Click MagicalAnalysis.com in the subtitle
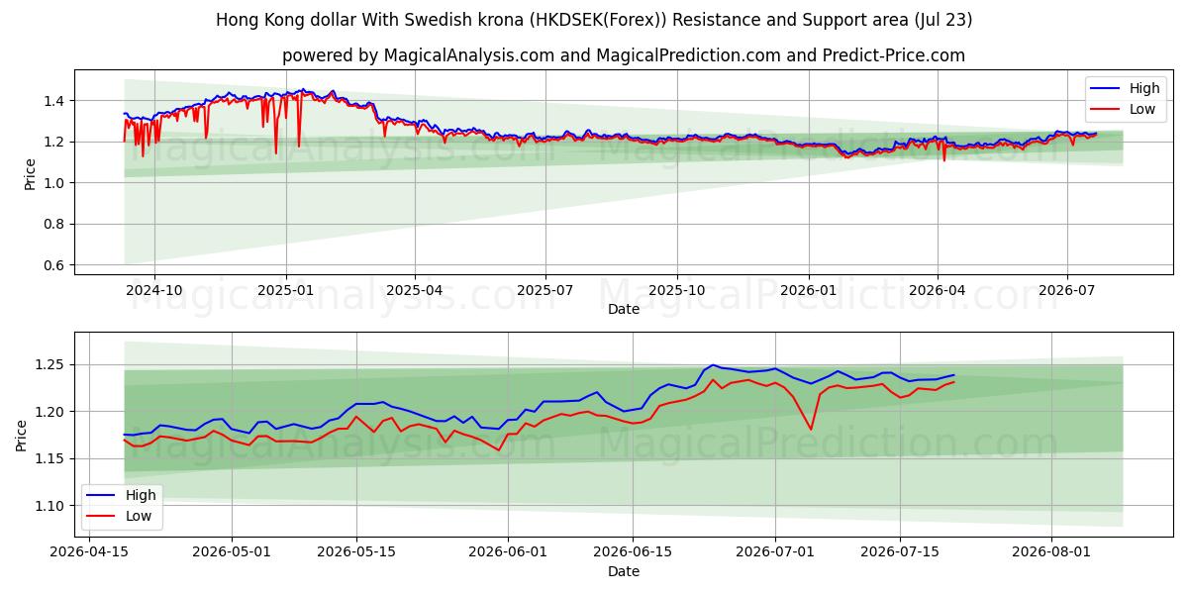[469, 55]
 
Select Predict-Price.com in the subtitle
[894, 55]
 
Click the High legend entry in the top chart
[1125, 88]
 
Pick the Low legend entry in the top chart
[1123, 109]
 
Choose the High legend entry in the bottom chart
[121, 495]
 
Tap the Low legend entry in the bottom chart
[119, 516]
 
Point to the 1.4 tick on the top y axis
[53, 101]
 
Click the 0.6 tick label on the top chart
[53, 265]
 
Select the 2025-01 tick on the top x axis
[285, 291]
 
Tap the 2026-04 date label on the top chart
[938, 291]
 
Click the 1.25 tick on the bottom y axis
[49, 365]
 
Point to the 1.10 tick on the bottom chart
[49, 506]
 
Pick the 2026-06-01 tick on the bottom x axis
[508, 551]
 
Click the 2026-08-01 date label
[1051, 551]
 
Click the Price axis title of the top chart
[30, 174]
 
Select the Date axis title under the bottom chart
[623, 572]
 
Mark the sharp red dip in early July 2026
[811, 429]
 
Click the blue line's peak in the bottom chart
[713, 365]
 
